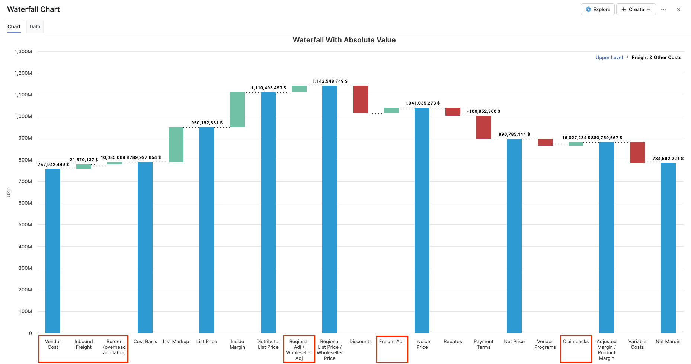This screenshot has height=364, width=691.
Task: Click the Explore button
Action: pyautogui.click(x=598, y=9)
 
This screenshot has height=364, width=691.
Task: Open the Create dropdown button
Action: pyautogui.click(x=636, y=9)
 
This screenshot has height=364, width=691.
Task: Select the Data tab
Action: pyautogui.click(x=35, y=26)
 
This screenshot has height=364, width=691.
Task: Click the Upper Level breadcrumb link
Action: pyautogui.click(x=609, y=57)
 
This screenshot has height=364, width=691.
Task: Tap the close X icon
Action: pyautogui.click(x=678, y=9)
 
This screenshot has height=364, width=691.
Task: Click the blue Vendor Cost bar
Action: pyautogui.click(x=53, y=251)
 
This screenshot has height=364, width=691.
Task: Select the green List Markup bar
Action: pyautogui.click(x=176, y=144)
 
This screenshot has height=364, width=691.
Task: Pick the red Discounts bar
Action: pyautogui.click(x=361, y=99)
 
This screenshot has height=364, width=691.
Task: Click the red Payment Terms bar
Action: pyautogui.click(x=483, y=127)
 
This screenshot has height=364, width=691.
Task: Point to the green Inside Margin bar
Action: pyautogui.click(x=237, y=110)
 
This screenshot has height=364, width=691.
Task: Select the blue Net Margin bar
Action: pyautogui.click(x=668, y=248)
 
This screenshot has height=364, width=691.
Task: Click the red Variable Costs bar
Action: pyautogui.click(x=637, y=153)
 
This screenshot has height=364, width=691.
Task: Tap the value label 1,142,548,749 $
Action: pyautogui.click(x=330, y=81)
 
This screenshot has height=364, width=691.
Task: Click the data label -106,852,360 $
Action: pyautogui.click(x=483, y=111)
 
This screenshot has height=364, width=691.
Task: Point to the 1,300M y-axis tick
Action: pyautogui.click(x=23, y=51)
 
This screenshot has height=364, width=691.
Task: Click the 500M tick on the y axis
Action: pyautogui.click(x=25, y=224)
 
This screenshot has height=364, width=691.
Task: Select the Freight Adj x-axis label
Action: pyautogui.click(x=391, y=341)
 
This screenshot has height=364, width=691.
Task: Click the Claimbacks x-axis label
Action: pyautogui.click(x=576, y=341)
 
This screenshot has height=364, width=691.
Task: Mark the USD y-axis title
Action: pyautogui.click(x=9, y=192)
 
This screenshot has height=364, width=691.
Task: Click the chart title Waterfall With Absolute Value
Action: pyautogui.click(x=344, y=40)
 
